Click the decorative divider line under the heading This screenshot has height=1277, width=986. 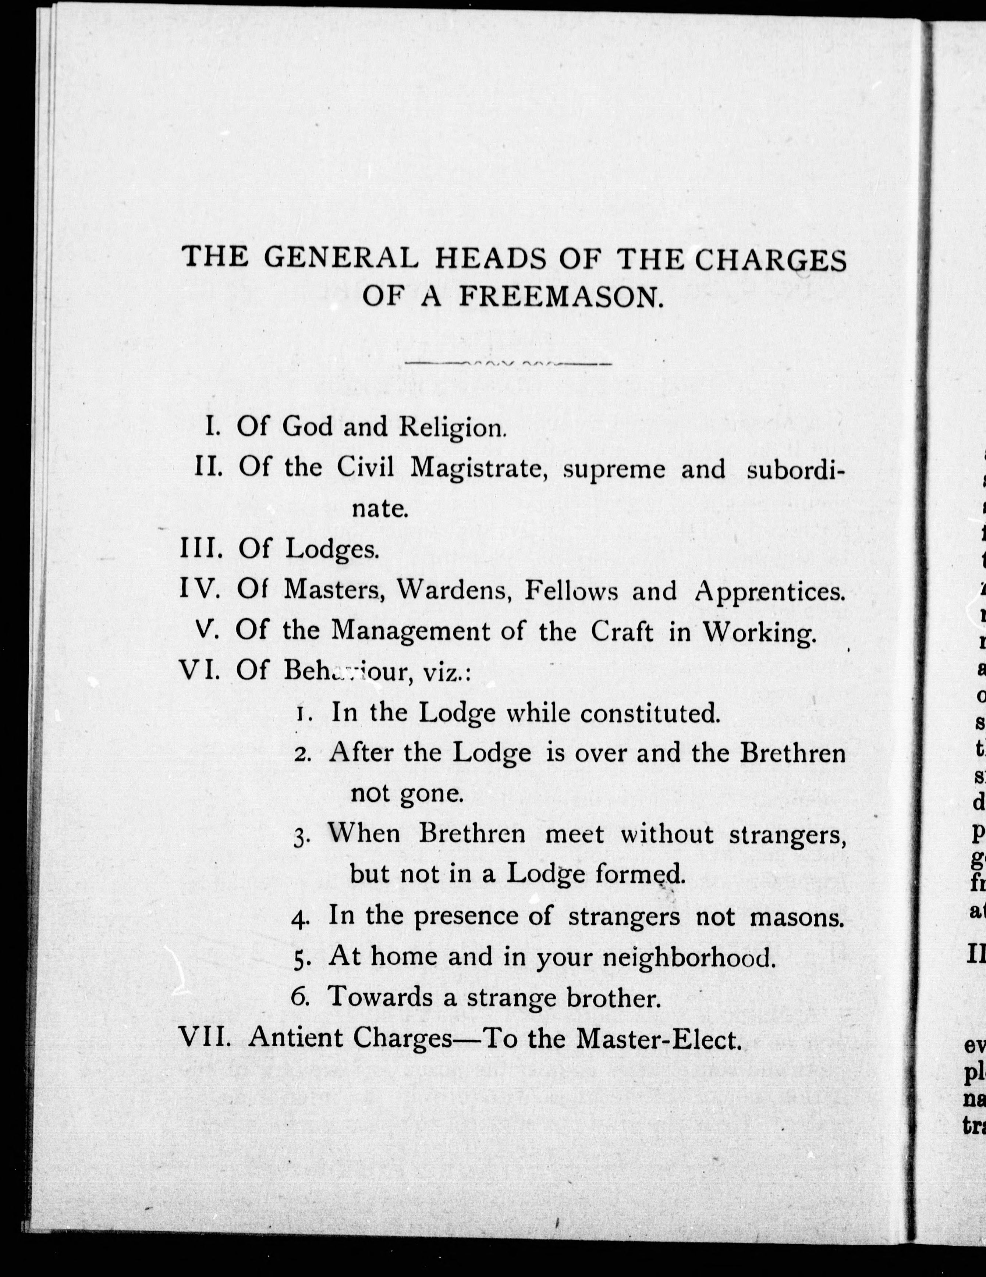(515, 364)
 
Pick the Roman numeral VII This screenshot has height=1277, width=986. (206, 1038)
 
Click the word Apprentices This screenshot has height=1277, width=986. (770, 592)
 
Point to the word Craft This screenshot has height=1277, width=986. (622, 632)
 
